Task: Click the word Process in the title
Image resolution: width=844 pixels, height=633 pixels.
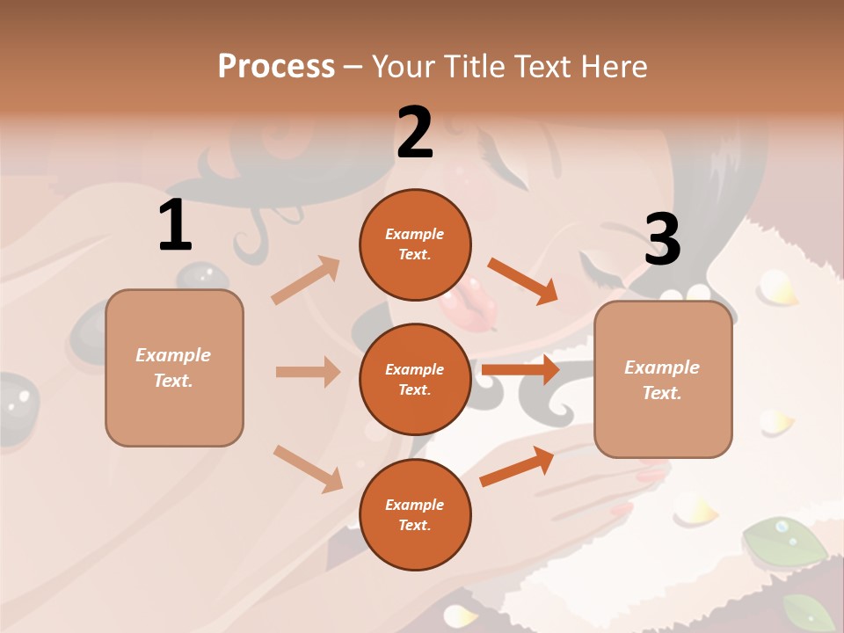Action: [x=276, y=66]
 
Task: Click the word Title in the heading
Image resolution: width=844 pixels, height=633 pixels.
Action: [x=475, y=66]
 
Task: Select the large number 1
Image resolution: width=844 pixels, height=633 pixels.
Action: [x=175, y=226]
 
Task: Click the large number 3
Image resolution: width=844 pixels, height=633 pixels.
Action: [x=662, y=239]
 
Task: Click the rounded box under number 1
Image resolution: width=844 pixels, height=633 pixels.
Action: [x=174, y=367]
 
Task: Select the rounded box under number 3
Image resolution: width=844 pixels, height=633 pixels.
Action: [x=663, y=380]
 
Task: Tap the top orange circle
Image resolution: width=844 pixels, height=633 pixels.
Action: [x=415, y=244]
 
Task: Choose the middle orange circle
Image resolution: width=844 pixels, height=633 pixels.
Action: [x=415, y=380]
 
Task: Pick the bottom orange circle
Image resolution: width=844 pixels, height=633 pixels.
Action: [x=415, y=515]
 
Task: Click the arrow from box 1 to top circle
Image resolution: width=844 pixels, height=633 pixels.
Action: [x=306, y=280]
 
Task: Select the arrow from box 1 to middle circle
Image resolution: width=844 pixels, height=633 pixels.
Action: [x=308, y=372]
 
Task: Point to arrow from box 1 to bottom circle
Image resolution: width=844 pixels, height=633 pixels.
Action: [x=308, y=469]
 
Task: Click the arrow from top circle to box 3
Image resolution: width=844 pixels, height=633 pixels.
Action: [x=523, y=280]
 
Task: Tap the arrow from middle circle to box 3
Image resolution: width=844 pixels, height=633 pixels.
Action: [x=520, y=370]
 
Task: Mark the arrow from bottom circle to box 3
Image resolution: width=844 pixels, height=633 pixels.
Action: [x=518, y=467]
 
